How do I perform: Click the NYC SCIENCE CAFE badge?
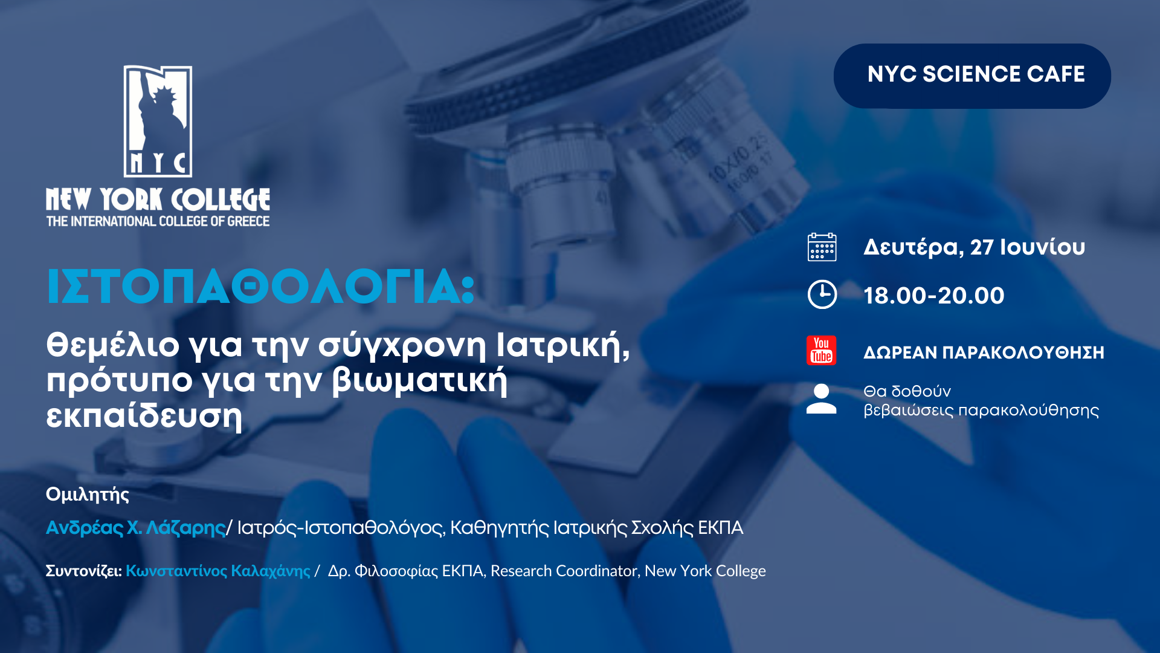(972, 76)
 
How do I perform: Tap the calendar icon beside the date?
(822, 247)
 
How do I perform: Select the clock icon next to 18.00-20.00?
(822, 294)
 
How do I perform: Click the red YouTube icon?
(822, 350)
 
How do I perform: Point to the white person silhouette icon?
(822, 399)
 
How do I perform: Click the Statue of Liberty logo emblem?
(158, 121)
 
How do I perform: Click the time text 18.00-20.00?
(934, 296)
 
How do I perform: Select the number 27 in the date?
(982, 247)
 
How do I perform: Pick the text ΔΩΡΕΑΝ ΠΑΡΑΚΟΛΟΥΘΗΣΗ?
(984, 352)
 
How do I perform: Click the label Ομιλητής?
(88, 495)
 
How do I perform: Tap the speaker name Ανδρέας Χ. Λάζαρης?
(136, 528)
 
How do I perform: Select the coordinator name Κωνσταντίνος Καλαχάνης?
(218, 571)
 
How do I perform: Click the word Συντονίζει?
(83, 571)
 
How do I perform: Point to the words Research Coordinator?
(563, 571)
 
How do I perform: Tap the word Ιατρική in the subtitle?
(562, 345)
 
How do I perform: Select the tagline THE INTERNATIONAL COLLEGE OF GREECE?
(158, 221)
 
